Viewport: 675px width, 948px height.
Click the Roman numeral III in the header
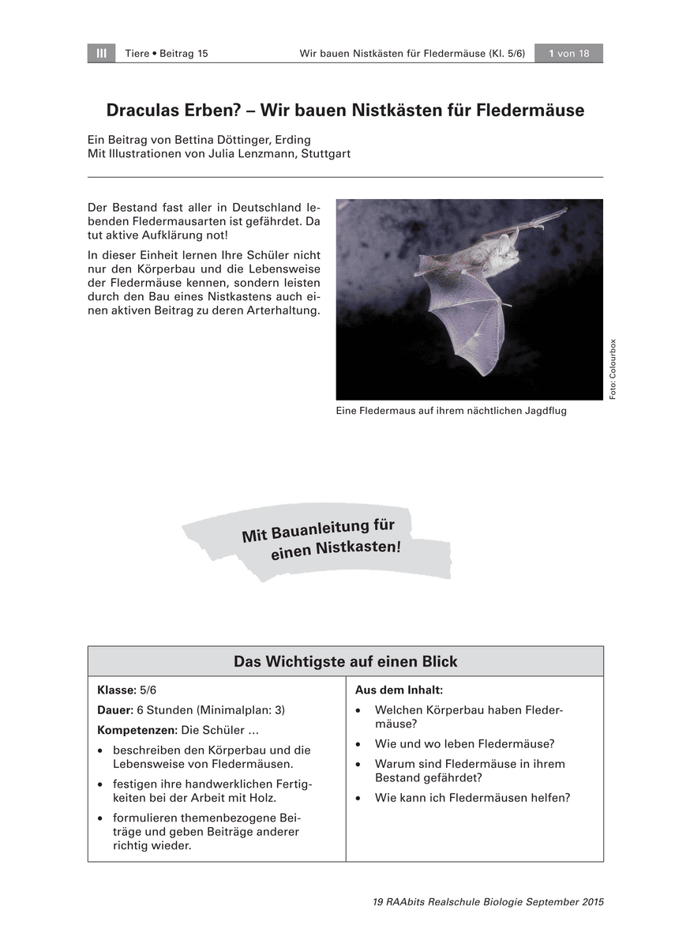[101, 53]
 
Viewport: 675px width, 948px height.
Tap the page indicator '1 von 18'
[568, 53]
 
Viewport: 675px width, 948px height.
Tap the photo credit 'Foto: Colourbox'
[613, 369]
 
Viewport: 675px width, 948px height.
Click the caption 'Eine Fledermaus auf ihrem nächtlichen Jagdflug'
[451, 411]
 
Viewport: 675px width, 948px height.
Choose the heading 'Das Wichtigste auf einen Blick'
[345, 661]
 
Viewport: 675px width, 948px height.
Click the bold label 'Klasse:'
[116, 690]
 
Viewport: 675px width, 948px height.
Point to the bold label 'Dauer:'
[114, 709]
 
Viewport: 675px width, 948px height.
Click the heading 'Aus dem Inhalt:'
[399, 690]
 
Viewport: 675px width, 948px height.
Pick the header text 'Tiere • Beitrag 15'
[167, 53]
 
